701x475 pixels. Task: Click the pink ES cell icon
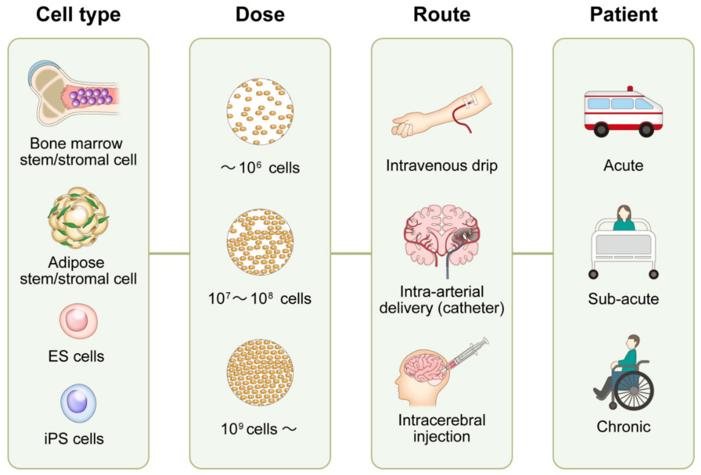pyautogui.click(x=78, y=321)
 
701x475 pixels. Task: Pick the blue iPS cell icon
pyautogui.click(x=78, y=403)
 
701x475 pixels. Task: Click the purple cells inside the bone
pyautogui.click(x=90, y=96)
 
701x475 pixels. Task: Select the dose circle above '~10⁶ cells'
pyautogui.click(x=260, y=112)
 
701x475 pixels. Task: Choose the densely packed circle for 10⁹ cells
pyautogui.click(x=260, y=373)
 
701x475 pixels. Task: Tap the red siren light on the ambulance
pyautogui.click(x=630, y=88)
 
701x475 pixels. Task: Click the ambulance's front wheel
pyautogui.click(x=646, y=130)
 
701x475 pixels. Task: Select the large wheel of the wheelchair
pyautogui.click(x=634, y=391)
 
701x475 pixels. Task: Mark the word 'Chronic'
pyautogui.click(x=624, y=427)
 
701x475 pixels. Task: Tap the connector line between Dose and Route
pyautogui.click(x=351, y=253)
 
